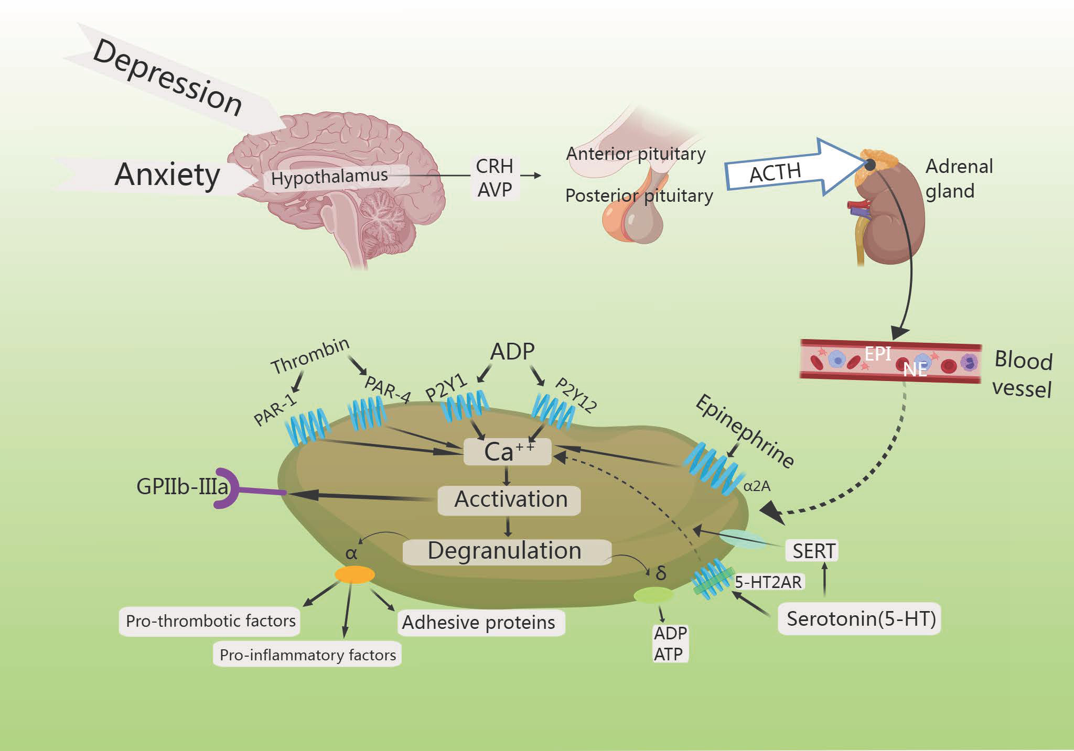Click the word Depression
coord(167,78)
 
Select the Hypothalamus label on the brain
coord(329,177)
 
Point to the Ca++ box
coord(508,452)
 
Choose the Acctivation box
coord(510,499)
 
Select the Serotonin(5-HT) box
coord(860,619)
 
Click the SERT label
coord(813,551)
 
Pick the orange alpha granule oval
coord(355,575)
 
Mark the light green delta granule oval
coord(653,595)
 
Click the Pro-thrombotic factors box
coord(210,621)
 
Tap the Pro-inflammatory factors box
coord(307,655)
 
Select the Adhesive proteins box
coord(478,623)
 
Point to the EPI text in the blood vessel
coord(877,354)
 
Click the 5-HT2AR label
coord(768,582)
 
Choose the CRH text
coord(494,166)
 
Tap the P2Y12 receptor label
coord(576,395)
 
